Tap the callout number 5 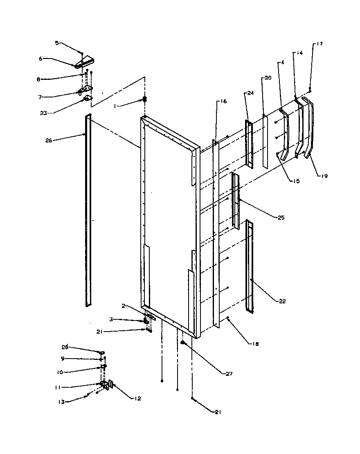[57, 42]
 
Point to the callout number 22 [282, 301]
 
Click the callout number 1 [116, 106]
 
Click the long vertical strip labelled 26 [88, 211]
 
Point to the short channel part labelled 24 [249, 143]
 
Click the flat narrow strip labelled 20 [265, 142]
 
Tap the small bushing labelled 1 [144, 99]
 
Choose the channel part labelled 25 [235, 201]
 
